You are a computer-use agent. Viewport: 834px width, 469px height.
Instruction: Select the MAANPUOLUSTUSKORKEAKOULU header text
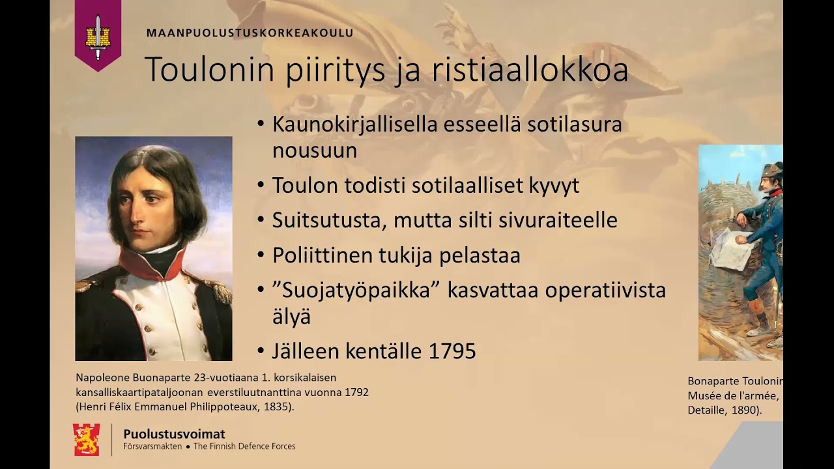[250, 33]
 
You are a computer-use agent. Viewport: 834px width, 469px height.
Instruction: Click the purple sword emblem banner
[98, 33]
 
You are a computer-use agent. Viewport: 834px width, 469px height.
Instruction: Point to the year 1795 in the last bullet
[453, 352]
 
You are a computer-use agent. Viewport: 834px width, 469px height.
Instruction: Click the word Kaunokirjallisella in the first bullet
[355, 124]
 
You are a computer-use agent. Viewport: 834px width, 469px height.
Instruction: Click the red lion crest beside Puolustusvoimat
[87, 439]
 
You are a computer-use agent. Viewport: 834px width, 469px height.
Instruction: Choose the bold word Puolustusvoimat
[174, 434]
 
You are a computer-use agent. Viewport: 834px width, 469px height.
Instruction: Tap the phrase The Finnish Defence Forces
[244, 447]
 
